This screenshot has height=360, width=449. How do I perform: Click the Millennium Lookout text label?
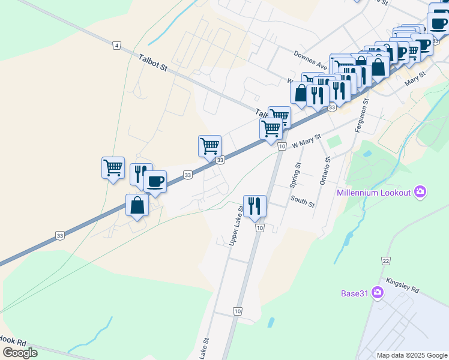click(x=373, y=193)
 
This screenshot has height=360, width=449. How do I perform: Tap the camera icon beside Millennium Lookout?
click(x=420, y=192)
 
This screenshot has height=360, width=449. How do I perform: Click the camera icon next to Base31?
click(x=378, y=293)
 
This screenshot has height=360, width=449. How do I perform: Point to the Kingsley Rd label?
click(x=402, y=284)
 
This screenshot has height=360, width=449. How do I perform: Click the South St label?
click(x=302, y=201)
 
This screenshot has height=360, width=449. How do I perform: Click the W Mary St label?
click(x=307, y=142)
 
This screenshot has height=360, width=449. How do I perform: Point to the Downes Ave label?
click(x=310, y=60)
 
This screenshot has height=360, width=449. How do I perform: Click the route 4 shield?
click(x=116, y=45)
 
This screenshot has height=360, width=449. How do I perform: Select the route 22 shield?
click(x=386, y=260)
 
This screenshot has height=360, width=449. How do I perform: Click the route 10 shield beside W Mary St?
click(x=281, y=147)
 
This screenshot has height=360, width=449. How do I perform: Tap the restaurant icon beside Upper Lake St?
click(x=255, y=206)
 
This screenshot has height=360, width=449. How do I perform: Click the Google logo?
click(x=20, y=352)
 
